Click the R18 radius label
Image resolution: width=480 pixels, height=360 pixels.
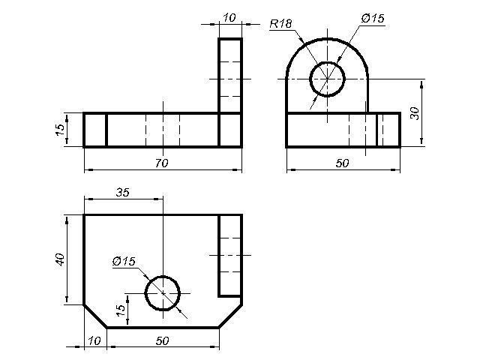(x=281, y=23)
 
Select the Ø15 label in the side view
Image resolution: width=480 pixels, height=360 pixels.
(x=373, y=18)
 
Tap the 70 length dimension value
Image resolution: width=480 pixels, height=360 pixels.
(x=162, y=163)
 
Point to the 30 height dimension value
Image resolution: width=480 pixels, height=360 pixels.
(x=415, y=113)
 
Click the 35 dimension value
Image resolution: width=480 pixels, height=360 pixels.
(x=122, y=193)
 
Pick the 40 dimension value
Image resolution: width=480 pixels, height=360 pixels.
(x=60, y=259)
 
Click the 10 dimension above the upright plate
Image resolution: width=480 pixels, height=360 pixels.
(x=229, y=18)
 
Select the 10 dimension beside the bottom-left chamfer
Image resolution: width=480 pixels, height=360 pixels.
(x=94, y=340)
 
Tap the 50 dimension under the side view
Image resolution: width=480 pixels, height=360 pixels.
(x=342, y=163)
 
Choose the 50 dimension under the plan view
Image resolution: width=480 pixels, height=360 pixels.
(x=162, y=340)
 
